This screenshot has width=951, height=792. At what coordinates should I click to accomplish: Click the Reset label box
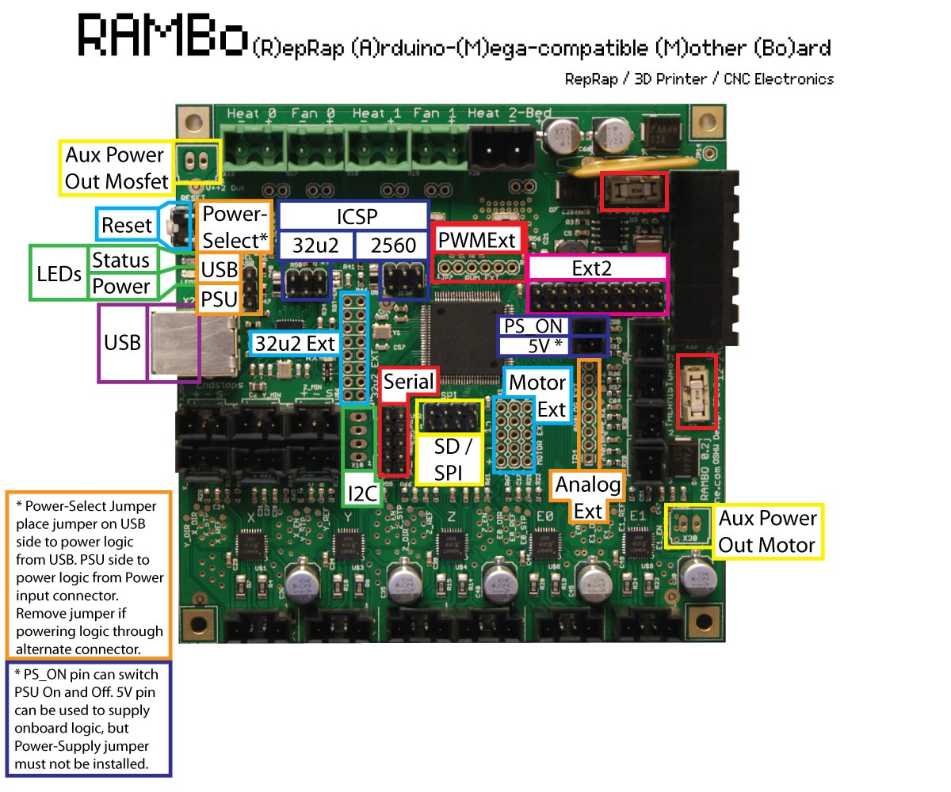click(x=126, y=225)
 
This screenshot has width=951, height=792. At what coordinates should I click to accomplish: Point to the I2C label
click(x=361, y=495)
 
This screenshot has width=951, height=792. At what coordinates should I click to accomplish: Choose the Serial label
click(x=408, y=383)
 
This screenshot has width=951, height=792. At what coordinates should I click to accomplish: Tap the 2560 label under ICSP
click(x=393, y=246)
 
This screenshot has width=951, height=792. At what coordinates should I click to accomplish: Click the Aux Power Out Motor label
click(x=766, y=531)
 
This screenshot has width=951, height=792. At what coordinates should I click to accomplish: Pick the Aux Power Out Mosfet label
click(x=116, y=168)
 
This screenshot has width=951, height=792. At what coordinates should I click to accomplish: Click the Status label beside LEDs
click(x=121, y=260)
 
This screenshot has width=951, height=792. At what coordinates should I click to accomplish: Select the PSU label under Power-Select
click(x=219, y=300)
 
